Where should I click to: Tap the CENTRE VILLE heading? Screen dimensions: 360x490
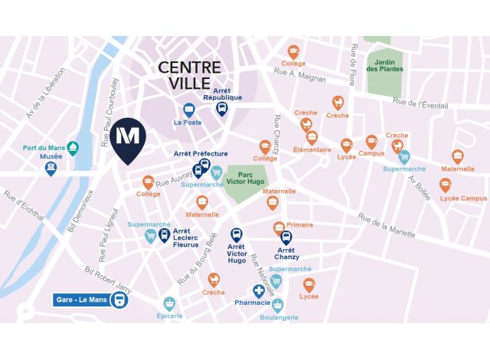point(189,76)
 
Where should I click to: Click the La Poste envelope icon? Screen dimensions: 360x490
point(188,109)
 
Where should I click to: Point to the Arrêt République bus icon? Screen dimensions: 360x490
point(222,108)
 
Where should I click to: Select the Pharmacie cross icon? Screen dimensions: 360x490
point(260,291)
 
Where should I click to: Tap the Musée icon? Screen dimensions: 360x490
point(51,168)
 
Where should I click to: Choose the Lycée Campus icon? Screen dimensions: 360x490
point(445,185)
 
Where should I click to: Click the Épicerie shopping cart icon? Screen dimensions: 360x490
point(169,303)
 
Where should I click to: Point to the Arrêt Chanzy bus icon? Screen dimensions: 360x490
point(286,237)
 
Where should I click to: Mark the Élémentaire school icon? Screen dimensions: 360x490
point(312,138)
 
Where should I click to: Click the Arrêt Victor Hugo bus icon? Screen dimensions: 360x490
point(237,234)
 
